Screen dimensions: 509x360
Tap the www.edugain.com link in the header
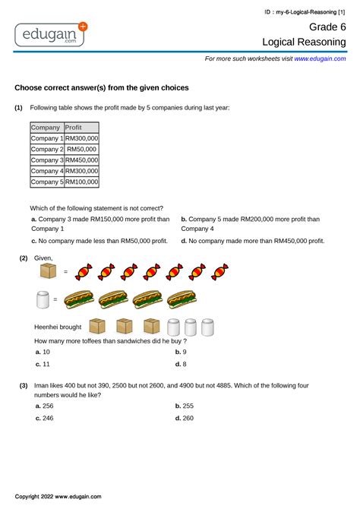point(320,58)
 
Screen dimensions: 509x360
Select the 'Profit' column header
point(74,128)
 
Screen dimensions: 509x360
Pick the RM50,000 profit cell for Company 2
point(81,150)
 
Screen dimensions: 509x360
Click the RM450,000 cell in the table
point(81,160)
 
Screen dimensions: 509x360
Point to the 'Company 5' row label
point(47,182)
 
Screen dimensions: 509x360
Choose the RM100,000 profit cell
point(81,182)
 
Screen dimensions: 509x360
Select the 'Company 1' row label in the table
point(47,139)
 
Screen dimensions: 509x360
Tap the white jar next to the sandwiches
point(46,299)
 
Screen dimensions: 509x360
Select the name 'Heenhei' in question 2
point(48,327)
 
